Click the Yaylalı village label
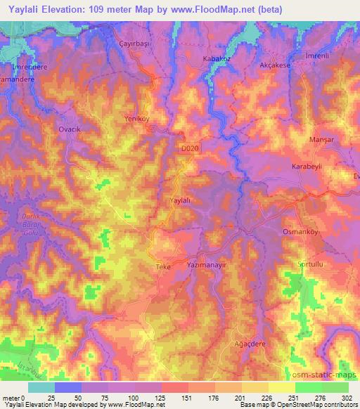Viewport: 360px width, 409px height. tap(181, 200)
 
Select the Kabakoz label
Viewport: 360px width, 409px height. tap(216, 59)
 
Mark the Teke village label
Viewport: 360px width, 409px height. tap(163, 268)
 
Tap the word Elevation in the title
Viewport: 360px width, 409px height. tap(67, 10)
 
